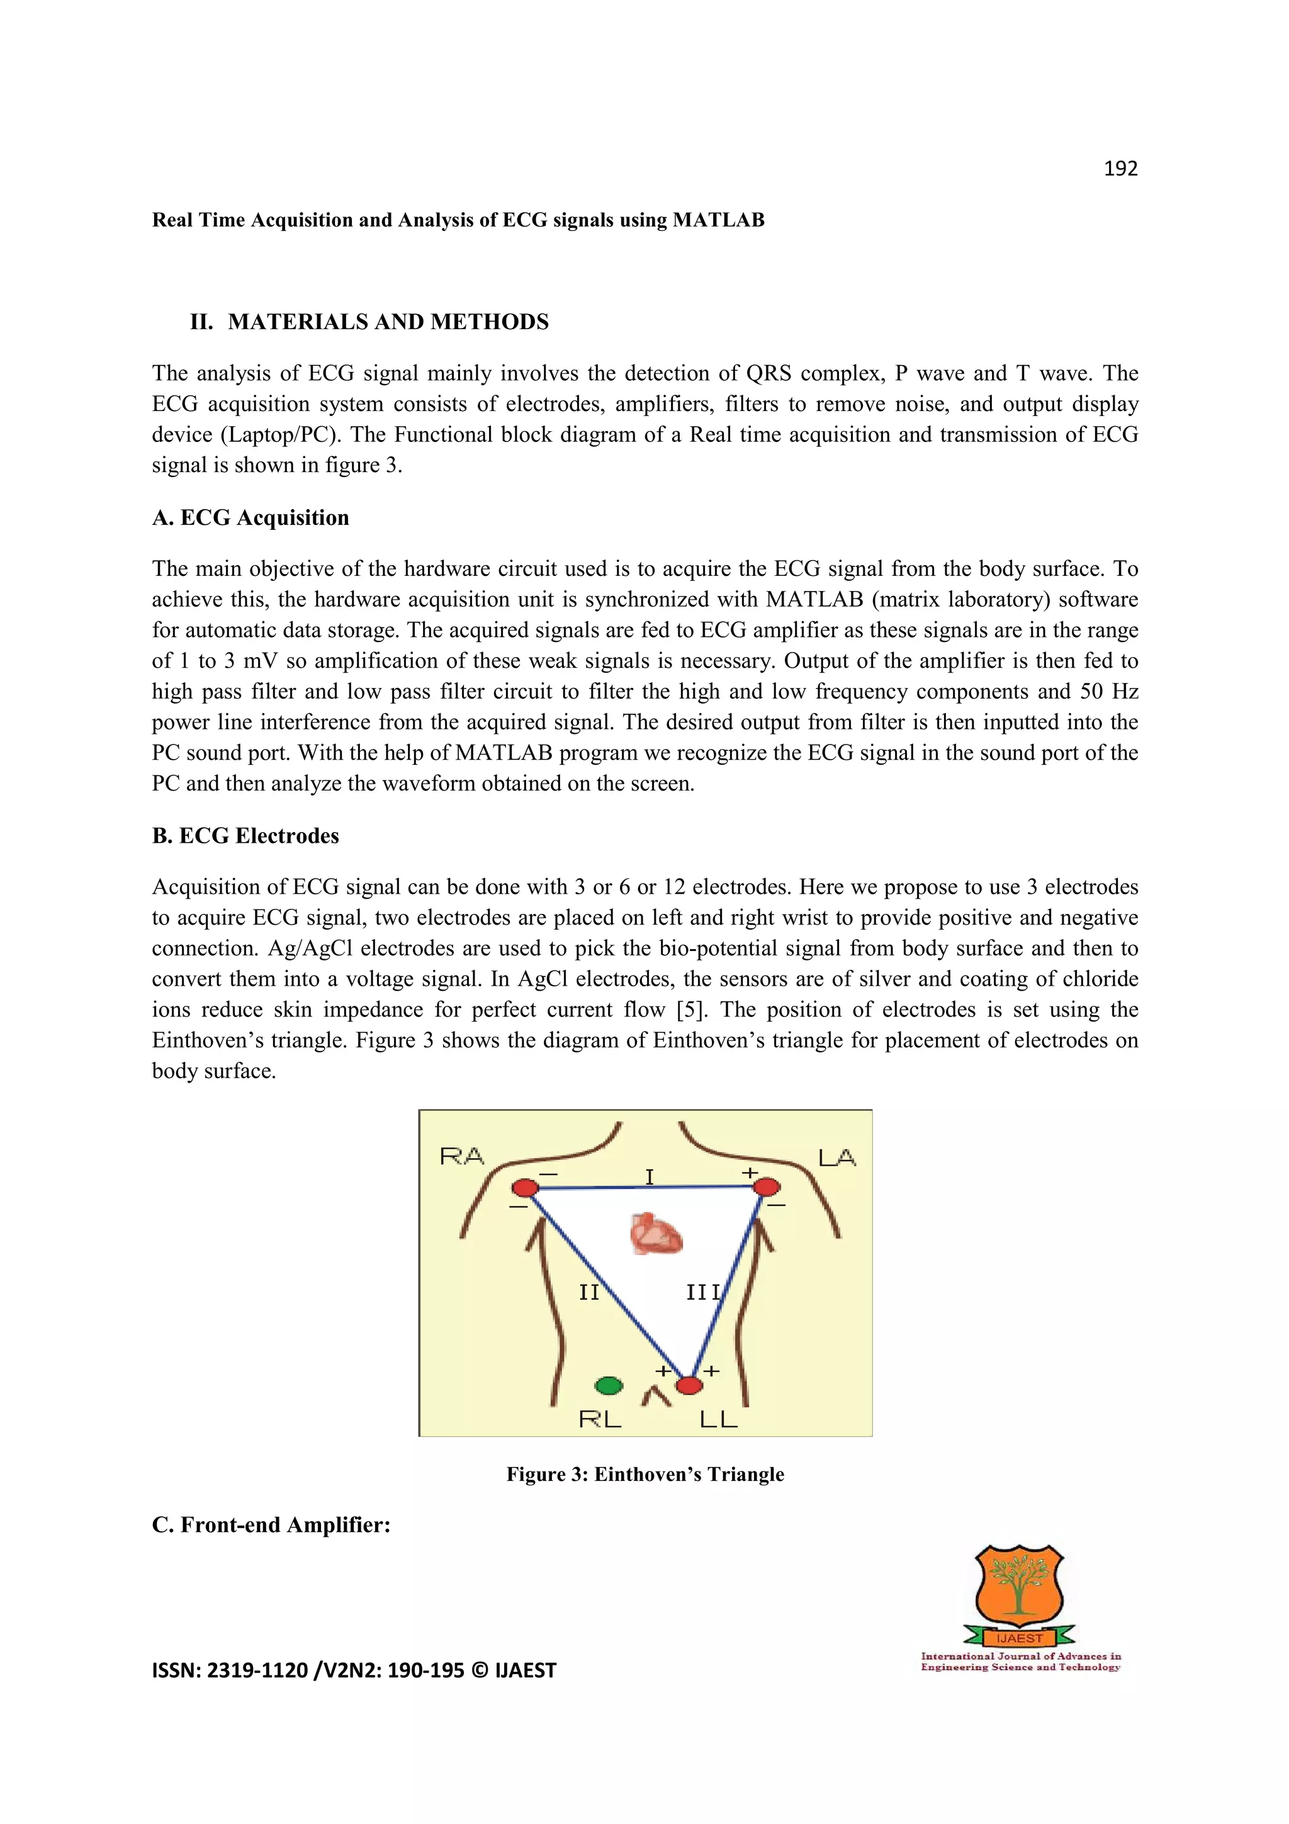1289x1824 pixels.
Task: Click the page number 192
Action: pos(1120,169)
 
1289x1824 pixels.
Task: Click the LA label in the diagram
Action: pos(836,1158)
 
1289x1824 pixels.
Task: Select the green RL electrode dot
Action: pos(609,1385)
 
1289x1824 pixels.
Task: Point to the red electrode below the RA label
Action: pos(525,1188)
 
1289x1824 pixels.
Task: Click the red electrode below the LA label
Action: pos(767,1187)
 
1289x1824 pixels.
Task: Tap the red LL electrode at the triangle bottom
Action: pos(689,1385)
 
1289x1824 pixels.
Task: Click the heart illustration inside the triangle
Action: pos(656,1234)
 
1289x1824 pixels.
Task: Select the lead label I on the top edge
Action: pos(649,1176)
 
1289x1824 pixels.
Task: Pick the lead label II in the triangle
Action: pos(588,1293)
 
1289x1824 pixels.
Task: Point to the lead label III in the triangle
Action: pos(704,1293)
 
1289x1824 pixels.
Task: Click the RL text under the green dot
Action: pos(600,1419)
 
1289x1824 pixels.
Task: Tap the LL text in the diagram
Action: pos(718,1419)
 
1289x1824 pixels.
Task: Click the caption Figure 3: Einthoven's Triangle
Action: pos(645,1475)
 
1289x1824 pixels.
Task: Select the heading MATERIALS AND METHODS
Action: pos(388,322)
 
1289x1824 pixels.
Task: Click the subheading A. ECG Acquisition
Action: pos(250,518)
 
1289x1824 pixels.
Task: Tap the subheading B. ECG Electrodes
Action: pos(245,836)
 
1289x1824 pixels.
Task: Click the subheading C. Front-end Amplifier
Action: pos(271,1525)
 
